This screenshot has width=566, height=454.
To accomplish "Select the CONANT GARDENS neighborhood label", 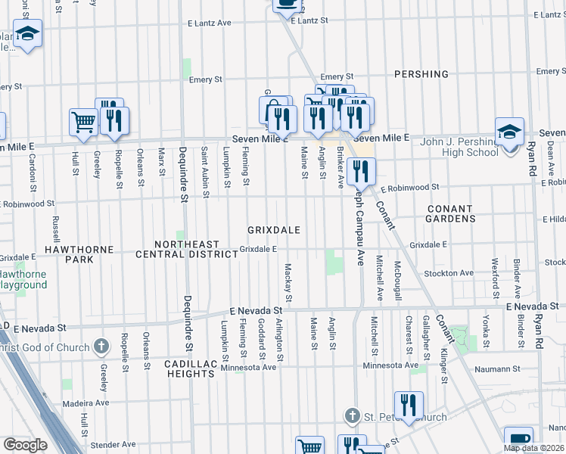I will [x=451, y=213].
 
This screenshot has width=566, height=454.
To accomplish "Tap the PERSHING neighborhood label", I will [x=421, y=75].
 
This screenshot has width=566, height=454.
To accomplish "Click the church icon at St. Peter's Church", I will [x=351, y=415].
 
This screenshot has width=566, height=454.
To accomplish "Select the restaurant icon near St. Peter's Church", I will [x=409, y=404].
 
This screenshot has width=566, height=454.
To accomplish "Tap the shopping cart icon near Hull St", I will [x=83, y=121].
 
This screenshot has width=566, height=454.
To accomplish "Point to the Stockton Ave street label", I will [x=449, y=273].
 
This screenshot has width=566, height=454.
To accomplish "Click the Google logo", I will [x=25, y=445].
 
